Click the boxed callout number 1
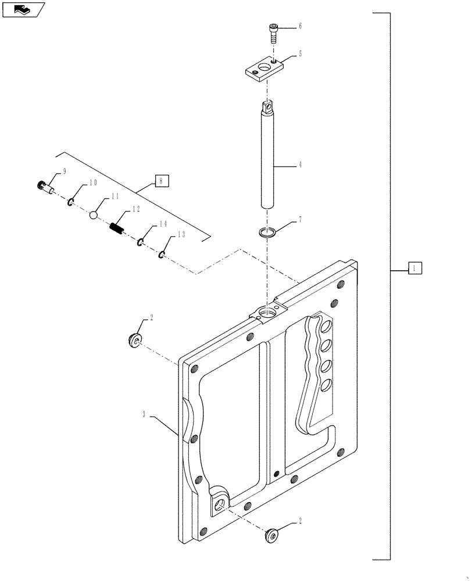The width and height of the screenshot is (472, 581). click(x=414, y=268)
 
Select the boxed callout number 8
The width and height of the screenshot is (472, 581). click(x=162, y=180)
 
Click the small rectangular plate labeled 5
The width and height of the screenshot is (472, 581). click(x=263, y=70)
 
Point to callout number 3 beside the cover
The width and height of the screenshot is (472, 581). click(x=143, y=415)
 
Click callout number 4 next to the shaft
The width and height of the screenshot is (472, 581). click(x=301, y=165)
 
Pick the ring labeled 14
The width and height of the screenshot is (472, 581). click(x=141, y=241)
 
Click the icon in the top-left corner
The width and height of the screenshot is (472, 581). click(x=23, y=9)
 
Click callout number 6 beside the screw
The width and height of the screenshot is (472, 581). click(x=301, y=26)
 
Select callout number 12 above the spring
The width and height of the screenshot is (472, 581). click(x=136, y=209)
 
